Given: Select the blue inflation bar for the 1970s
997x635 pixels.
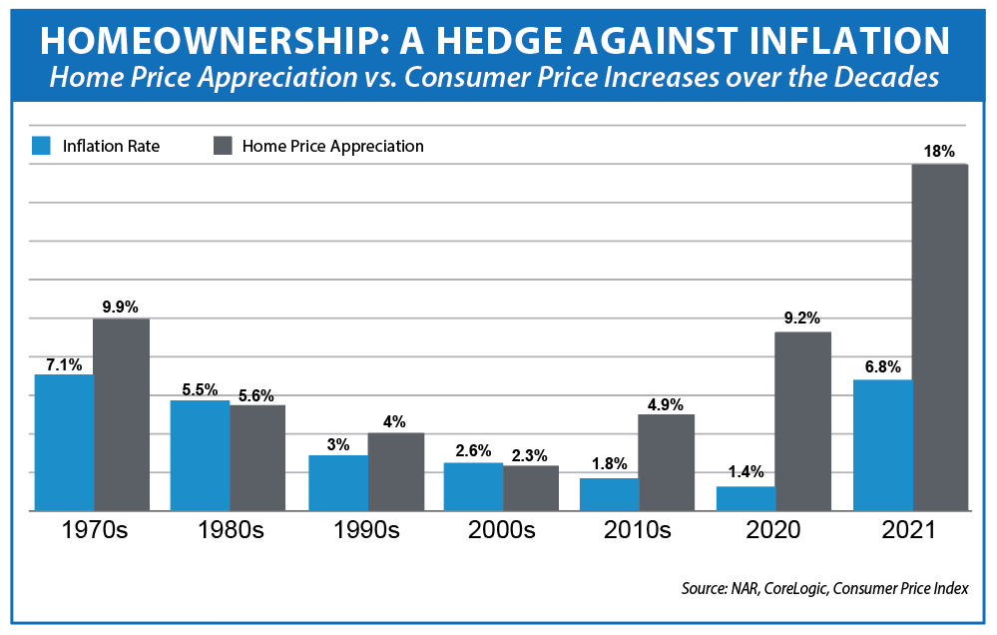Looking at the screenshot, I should (64, 442).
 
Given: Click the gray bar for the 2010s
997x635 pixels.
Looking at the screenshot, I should (666, 462).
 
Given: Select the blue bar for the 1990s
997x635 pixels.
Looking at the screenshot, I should (338, 483).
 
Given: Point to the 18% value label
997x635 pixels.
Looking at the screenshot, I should (939, 152).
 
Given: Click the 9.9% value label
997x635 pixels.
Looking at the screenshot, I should (121, 306).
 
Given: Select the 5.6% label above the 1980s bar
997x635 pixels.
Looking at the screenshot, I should (256, 393).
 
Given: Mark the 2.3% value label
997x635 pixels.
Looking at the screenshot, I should (531, 453).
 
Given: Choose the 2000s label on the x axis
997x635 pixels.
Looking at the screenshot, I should (502, 530).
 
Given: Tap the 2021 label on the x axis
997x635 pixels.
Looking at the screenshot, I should (912, 530).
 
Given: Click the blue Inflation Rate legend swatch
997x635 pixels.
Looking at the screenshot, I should (41, 146).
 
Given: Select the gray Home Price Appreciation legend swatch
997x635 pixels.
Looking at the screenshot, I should (222, 146).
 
